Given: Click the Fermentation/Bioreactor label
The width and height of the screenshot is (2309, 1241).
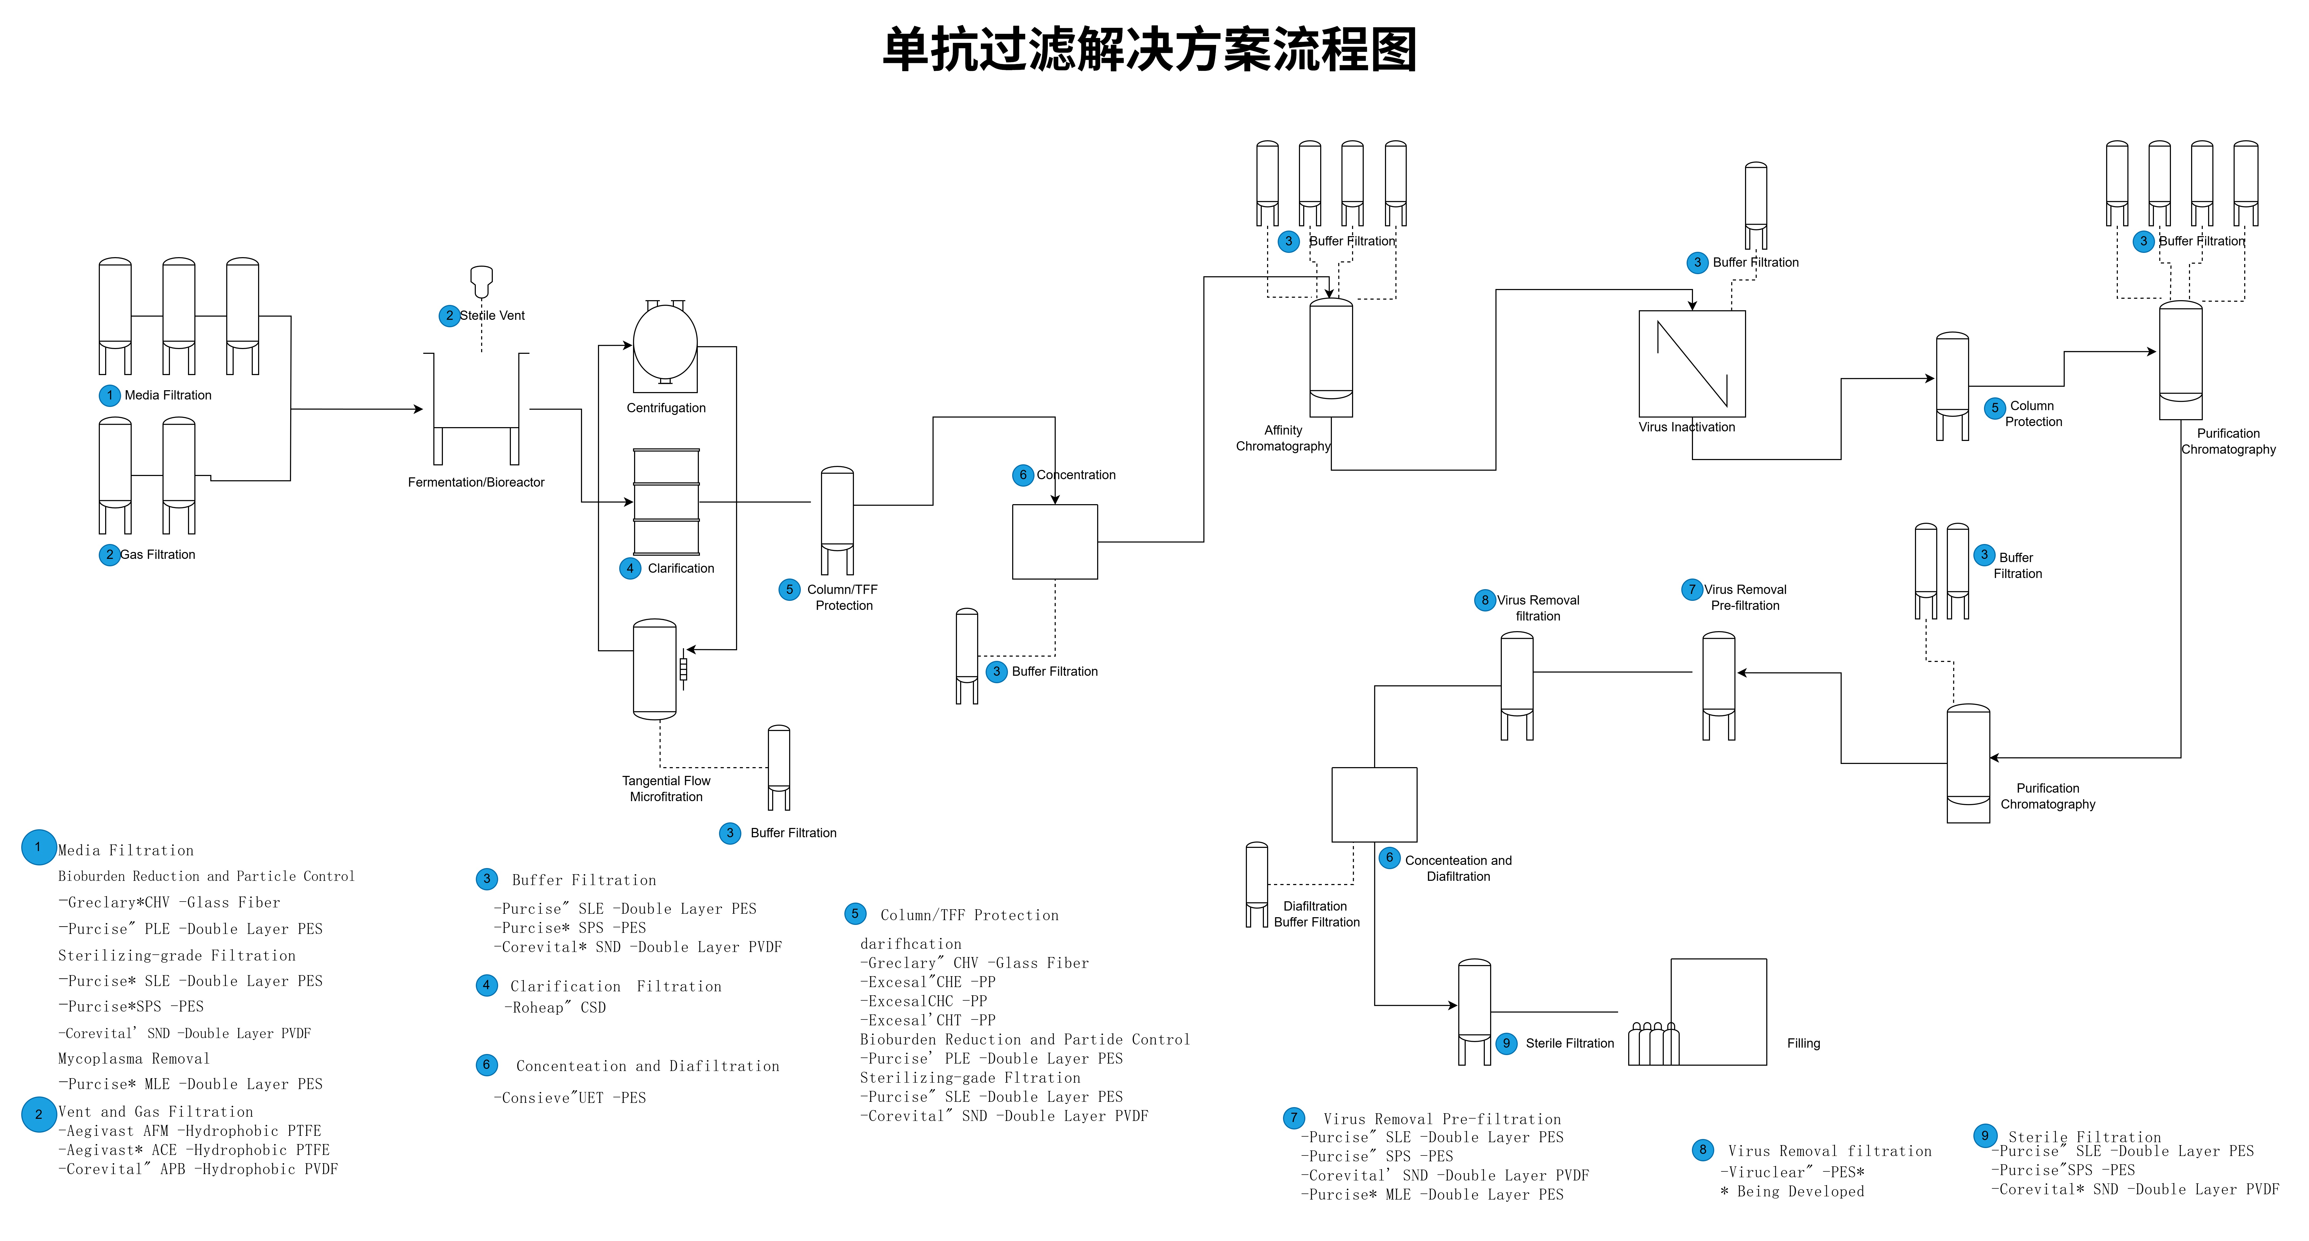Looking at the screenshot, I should [476, 482].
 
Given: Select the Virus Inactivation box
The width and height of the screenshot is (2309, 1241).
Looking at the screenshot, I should [1691, 363].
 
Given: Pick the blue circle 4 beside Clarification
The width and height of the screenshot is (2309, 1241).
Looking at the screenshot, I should [630, 568].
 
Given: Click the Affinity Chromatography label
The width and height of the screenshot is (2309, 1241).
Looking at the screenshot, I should [1283, 439].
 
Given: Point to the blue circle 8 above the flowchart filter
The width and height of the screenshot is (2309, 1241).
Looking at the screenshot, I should [1484, 600].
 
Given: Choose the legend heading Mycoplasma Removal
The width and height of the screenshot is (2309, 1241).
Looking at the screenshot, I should [134, 1059].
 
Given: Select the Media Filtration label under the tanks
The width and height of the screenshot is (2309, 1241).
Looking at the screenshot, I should [168, 396].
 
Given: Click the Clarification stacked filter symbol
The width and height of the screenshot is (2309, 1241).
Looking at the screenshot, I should [666, 502].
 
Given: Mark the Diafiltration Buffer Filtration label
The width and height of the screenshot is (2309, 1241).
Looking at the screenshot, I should [1316, 914].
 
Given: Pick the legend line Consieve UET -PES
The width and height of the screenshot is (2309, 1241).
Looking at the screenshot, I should [570, 1098].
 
